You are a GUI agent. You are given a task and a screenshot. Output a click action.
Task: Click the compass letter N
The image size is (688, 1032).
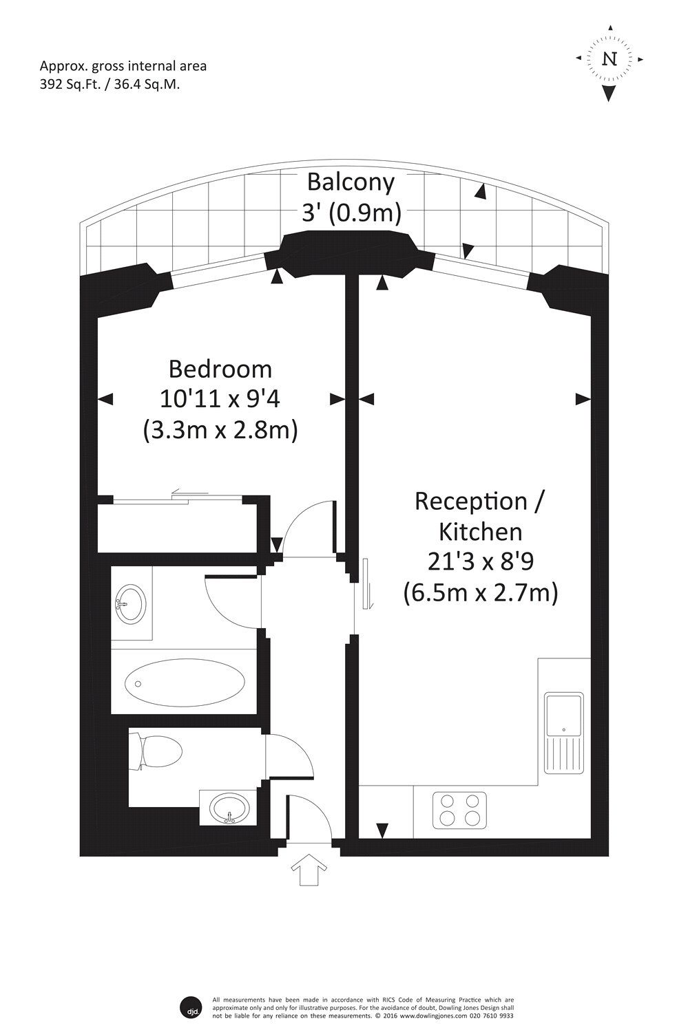click(x=609, y=58)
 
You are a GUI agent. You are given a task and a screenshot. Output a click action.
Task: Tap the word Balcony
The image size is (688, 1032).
click(x=351, y=182)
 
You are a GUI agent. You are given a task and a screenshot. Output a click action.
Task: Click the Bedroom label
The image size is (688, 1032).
click(x=220, y=369)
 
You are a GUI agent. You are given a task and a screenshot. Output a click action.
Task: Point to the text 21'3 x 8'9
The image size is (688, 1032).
click(x=480, y=562)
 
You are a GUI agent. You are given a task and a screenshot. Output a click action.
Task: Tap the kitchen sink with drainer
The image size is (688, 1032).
click(x=563, y=732)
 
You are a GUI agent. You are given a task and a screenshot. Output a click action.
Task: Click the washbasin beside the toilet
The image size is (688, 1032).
click(x=229, y=807)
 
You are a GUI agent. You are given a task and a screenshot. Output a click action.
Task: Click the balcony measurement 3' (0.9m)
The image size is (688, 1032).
click(x=351, y=213)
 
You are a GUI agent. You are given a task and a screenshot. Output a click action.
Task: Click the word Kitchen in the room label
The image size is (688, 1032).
click(x=480, y=531)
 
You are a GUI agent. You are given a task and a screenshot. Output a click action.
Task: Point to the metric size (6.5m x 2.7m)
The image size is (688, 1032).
click(x=480, y=592)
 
